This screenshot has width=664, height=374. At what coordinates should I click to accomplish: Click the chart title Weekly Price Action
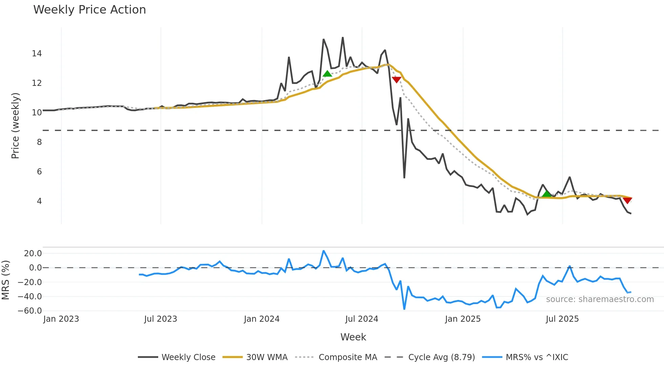[89, 10]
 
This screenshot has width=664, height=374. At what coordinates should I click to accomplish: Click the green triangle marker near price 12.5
[327, 74]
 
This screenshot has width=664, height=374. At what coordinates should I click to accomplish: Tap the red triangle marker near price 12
[396, 80]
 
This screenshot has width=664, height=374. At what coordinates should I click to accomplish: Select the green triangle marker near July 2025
[546, 194]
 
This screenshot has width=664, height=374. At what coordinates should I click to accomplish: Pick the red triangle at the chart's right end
[627, 201]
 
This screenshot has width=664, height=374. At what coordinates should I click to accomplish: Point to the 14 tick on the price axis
[37, 54]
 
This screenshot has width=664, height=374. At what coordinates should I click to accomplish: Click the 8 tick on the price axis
[39, 142]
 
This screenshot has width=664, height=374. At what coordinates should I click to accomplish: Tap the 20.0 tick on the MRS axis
[33, 254]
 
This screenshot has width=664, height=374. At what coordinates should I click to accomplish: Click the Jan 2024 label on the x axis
[262, 319]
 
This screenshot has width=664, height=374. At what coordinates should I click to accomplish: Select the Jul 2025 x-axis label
[562, 319]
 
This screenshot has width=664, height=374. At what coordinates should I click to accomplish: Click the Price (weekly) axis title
[16, 126]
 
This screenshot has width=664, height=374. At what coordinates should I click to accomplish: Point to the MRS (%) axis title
[5, 280]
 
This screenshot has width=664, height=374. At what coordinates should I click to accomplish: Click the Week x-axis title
[353, 337]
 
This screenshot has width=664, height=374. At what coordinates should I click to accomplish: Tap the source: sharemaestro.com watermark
[600, 299]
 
